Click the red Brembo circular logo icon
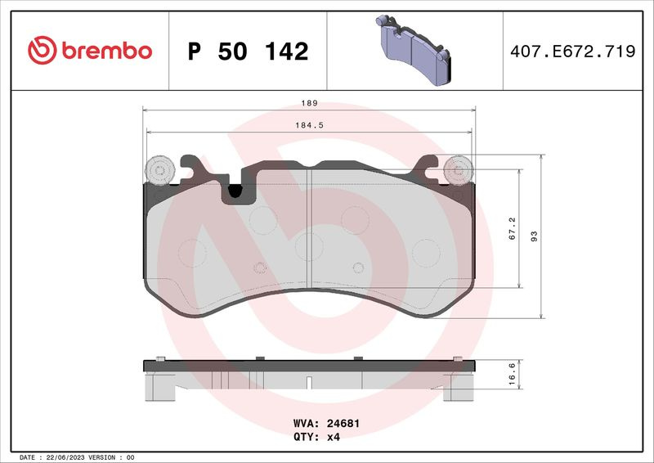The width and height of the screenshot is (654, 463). pyautogui.click(x=43, y=50)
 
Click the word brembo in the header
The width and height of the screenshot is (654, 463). pyautogui.click(x=107, y=51)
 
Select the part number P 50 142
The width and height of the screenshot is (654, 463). pyautogui.click(x=249, y=51)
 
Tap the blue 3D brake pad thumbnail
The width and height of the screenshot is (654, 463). pyautogui.click(x=414, y=50)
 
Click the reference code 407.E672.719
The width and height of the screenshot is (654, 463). pyautogui.click(x=573, y=51)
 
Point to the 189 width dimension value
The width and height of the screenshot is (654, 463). pyautogui.click(x=310, y=103)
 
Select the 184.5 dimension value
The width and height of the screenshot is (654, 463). pyautogui.click(x=310, y=125)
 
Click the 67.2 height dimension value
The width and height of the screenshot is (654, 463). pyautogui.click(x=513, y=228)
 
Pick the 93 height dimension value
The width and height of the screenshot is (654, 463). pyautogui.click(x=534, y=236)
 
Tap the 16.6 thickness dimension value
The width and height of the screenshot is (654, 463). pyautogui.click(x=513, y=374)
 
